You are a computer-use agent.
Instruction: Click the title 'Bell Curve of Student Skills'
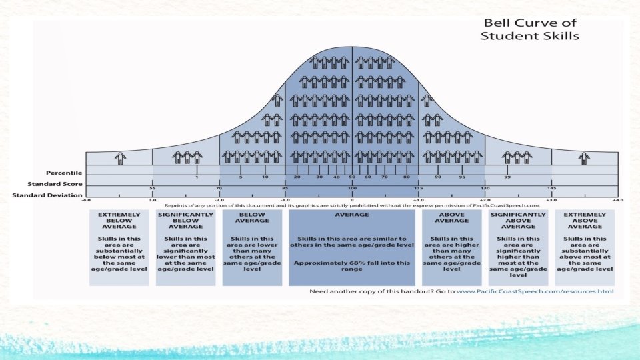click(x=530, y=29)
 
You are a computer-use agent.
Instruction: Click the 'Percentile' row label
click(x=64, y=173)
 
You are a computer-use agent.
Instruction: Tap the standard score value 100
click(x=352, y=189)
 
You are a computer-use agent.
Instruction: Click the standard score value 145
click(x=551, y=189)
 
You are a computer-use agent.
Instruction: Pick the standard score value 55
click(x=153, y=189)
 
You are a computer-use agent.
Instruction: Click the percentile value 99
click(x=507, y=177)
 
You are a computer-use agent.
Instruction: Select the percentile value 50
click(x=351, y=177)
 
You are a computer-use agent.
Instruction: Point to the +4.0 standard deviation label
click(x=618, y=199)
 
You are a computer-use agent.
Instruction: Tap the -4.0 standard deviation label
click(x=86, y=199)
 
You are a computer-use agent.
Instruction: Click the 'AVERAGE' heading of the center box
click(x=352, y=215)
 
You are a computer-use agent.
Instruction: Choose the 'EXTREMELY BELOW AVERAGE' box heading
click(x=119, y=221)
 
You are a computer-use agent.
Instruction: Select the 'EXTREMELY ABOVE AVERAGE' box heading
click(x=585, y=221)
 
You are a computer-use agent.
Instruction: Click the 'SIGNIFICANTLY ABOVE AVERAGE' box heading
click(x=518, y=221)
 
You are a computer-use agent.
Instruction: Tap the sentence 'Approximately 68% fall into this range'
click(x=352, y=267)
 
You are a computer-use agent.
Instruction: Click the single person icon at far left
click(x=120, y=157)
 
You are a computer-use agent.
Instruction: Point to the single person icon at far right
click(x=584, y=157)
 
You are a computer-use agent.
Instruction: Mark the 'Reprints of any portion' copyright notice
click(x=352, y=205)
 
